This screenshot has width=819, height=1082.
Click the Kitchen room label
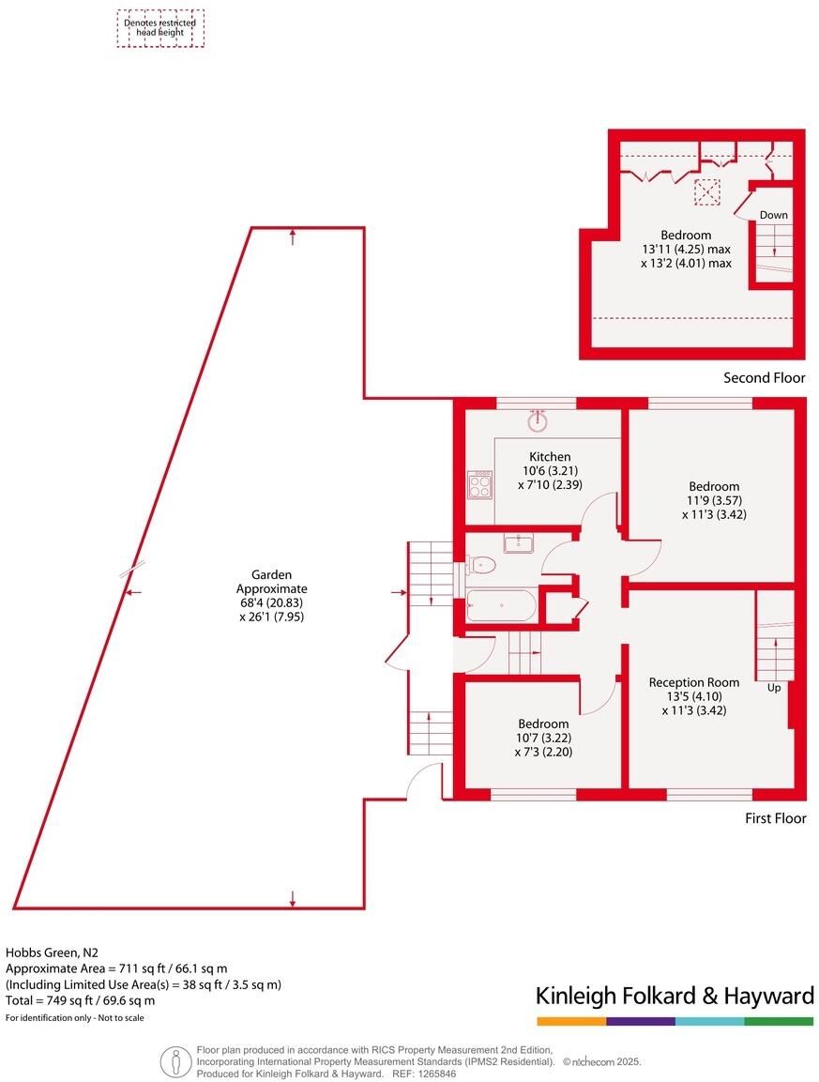(x=550, y=456)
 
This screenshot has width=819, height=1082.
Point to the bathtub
(x=502, y=605)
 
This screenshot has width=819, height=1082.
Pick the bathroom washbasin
(x=519, y=543)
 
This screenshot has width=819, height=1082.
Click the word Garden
(x=271, y=574)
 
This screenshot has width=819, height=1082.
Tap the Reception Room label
(x=693, y=682)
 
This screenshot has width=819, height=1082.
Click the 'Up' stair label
(x=774, y=688)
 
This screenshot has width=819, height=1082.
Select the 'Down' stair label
(x=773, y=215)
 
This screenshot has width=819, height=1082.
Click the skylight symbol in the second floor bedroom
(x=706, y=191)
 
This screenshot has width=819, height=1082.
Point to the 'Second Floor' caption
(x=765, y=377)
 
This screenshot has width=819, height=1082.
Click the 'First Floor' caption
(x=776, y=817)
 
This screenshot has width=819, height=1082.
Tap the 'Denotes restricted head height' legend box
(x=160, y=28)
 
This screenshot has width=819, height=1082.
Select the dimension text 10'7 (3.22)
(x=544, y=738)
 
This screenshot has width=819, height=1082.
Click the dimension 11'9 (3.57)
(x=714, y=500)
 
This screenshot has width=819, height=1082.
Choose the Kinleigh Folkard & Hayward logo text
(x=675, y=996)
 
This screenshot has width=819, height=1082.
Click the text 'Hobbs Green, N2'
(x=52, y=952)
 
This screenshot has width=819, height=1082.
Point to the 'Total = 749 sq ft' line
(x=80, y=999)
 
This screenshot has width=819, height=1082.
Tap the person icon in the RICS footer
(x=176, y=1060)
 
